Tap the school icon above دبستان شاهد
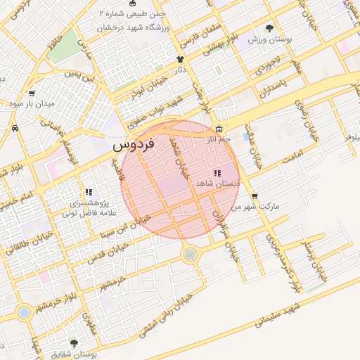217,172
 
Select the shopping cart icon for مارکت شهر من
254,197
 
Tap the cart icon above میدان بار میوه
32,93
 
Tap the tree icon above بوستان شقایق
74,343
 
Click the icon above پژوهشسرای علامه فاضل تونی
89,192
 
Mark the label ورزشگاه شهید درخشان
135,27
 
